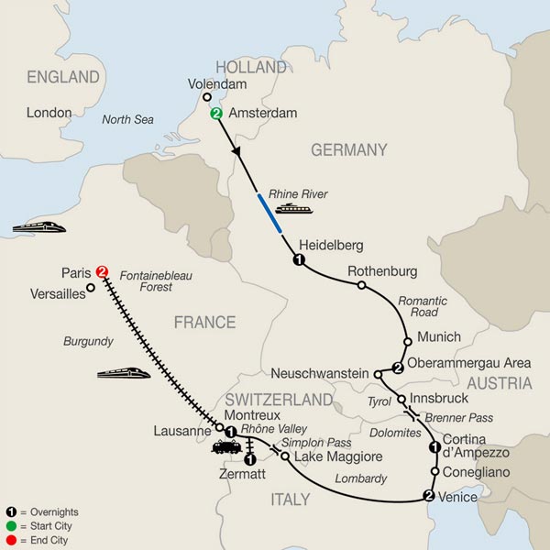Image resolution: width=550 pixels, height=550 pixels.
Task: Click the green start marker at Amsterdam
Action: [216, 114]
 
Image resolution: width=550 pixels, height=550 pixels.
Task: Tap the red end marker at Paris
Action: [102, 272]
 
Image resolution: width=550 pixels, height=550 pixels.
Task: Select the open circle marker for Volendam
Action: [206, 96]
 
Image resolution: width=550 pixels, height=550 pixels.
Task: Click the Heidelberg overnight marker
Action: [298, 261]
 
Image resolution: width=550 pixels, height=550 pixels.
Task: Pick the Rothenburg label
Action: [382, 271]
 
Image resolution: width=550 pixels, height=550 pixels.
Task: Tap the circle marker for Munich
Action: [403, 338]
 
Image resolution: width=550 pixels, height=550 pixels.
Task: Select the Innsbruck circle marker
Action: [401, 400]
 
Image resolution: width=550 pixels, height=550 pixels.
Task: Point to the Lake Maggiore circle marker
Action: [285, 456]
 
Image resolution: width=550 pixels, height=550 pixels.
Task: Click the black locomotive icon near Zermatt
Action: [226, 447]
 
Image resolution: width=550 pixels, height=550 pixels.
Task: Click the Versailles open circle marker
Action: [91, 289]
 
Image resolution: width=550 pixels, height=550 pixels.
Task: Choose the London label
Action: [49, 113]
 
